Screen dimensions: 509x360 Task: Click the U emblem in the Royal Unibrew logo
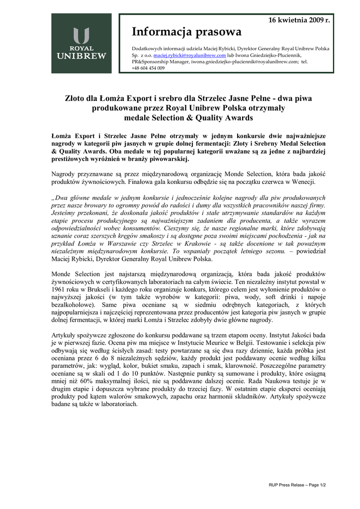pyautogui.click(x=81, y=36)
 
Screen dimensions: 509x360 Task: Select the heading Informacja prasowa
pyautogui.click(x=186, y=32)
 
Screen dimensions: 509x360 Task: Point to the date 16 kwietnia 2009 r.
pyautogui.click(x=299, y=20)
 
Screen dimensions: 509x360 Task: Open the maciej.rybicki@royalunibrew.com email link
pyautogui.click(x=190, y=56)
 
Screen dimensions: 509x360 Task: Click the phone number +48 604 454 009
pyautogui.click(x=148, y=68)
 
